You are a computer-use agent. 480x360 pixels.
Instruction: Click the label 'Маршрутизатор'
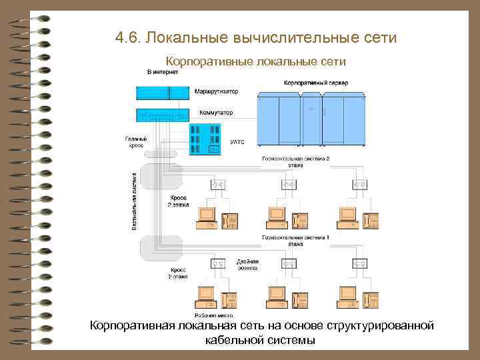click(217, 91)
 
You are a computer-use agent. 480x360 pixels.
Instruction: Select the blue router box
click(163, 93)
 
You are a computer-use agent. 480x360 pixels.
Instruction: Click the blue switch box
click(163, 114)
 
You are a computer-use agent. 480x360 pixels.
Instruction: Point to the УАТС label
click(237, 141)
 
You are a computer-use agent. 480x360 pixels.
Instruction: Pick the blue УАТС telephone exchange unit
click(205, 140)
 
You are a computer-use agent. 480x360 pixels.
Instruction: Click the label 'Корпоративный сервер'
click(315, 83)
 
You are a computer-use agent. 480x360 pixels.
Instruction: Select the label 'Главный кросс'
click(136, 141)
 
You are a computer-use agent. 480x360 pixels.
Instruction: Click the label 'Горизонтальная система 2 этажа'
click(295, 161)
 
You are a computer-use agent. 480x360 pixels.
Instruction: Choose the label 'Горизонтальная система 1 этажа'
click(295, 240)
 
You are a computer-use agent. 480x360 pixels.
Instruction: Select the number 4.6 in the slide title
click(127, 38)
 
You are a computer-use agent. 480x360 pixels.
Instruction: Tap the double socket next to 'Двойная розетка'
click(218, 264)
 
